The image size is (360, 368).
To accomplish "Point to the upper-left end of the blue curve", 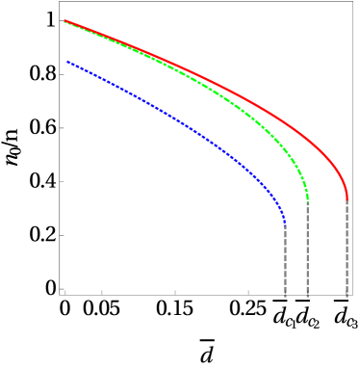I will [x=67, y=62].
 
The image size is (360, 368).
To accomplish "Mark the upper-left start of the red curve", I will [x=64, y=20].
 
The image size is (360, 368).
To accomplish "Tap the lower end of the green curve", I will [x=307, y=198].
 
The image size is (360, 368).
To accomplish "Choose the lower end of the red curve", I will [x=347, y=198].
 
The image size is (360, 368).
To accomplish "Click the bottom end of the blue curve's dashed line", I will [x=285, y=297].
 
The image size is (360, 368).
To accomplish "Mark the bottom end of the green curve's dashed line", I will [x=307, y=297].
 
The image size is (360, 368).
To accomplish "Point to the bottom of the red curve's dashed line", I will [x=347, y=297].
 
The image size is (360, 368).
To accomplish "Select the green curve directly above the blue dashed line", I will [x=285, y=151].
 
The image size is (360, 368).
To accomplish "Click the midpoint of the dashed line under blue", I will [x=285, y=259].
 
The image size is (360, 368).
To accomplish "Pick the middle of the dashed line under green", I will [x=307, y=248].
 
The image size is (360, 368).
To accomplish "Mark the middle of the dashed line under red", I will [x=347, y=248].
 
